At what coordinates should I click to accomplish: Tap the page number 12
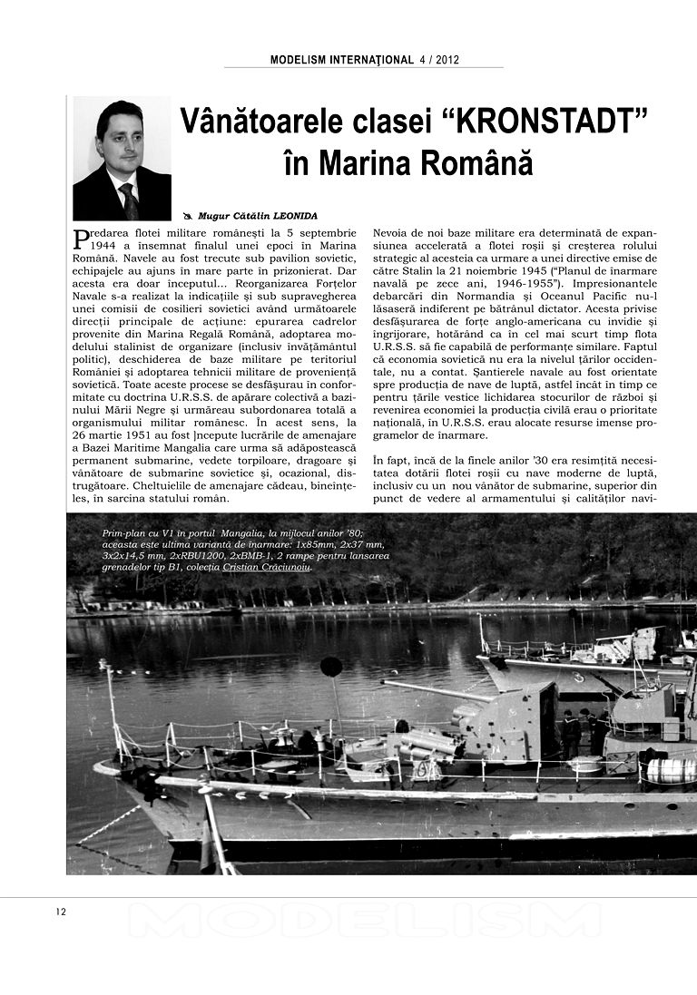[61, 912]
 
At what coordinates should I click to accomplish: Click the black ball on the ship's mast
[332, 667]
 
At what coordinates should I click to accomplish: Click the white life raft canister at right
[672, 771]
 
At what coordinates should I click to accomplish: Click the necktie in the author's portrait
[128, 200]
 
